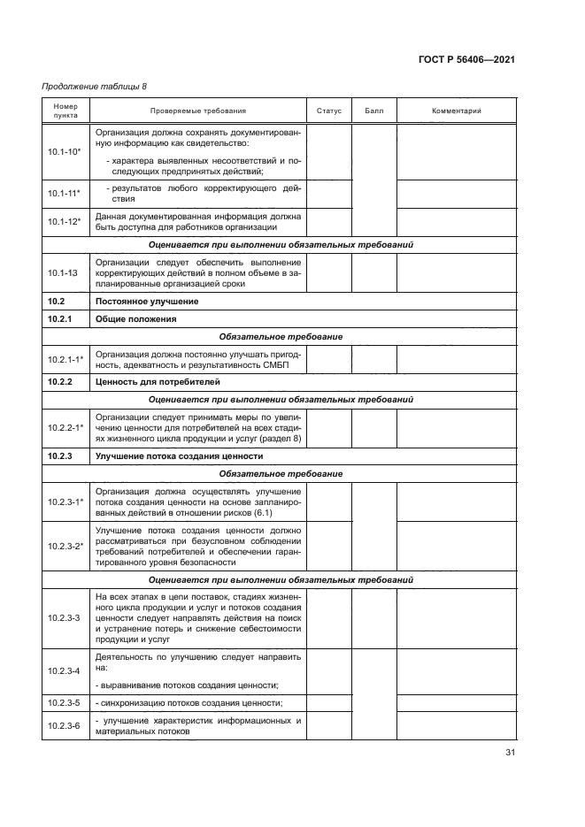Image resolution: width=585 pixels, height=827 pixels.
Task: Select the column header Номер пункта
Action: (65, 111)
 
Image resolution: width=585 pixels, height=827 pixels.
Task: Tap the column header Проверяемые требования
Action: (197, 111)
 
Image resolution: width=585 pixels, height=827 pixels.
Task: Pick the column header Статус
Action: (328, 111)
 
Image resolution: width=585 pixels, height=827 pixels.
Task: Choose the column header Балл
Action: (373, 111)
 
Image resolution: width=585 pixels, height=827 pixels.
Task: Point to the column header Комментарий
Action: (456, 111)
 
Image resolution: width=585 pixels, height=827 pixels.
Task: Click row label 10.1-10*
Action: (65, 152)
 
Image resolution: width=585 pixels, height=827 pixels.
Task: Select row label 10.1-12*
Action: (65, 222)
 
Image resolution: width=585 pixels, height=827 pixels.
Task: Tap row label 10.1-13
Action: (65, 274)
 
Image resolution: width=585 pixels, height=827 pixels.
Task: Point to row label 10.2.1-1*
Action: (65, 359)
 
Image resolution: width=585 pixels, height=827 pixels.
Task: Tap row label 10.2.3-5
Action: (65, 703)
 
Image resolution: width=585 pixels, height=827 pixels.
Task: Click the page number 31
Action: (510, 753)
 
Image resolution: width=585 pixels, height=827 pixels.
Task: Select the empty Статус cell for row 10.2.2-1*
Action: (328, 428)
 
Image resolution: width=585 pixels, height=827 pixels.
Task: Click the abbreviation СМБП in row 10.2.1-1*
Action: (285, 365)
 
